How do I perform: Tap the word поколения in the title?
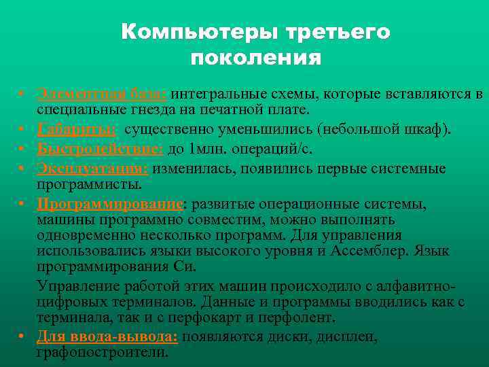pos(255,58)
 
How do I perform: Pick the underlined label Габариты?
pos(76,130)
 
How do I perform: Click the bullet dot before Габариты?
pos(23,128)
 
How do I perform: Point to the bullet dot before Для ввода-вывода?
pos(23,336)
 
